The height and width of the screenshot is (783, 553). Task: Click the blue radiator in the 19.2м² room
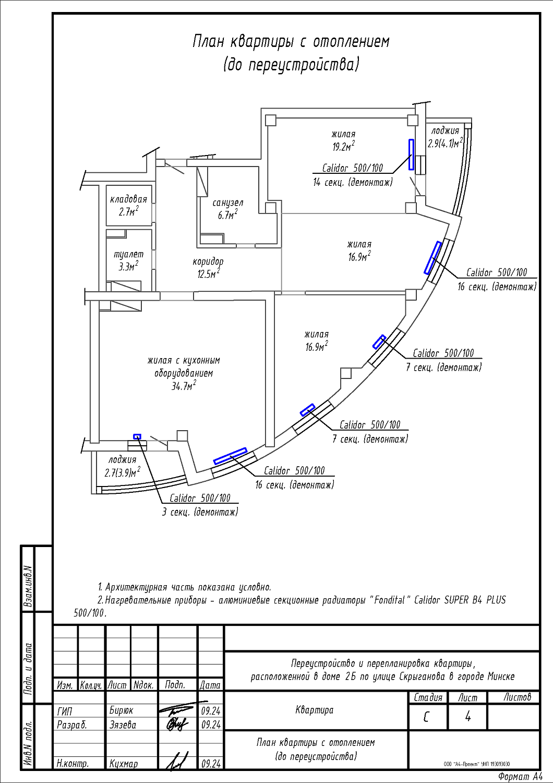(411, 155)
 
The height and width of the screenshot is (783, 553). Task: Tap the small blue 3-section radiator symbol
(137, 436)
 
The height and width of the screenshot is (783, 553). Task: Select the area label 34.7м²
(184, 386)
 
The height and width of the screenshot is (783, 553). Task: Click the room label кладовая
(128, 199)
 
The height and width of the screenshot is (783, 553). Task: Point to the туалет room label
(128, 254)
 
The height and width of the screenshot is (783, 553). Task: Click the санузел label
(227, 203)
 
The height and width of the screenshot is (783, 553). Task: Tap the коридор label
(208, 262)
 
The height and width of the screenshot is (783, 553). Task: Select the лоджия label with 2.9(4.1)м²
(445, 131)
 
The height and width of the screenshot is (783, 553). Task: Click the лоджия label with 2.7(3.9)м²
(122, 460)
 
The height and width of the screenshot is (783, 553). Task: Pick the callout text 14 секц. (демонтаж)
(353, 183)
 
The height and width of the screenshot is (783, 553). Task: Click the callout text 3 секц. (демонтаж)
(200, 512)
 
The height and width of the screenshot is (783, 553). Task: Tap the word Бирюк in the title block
(121, 710)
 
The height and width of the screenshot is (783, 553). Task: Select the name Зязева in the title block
(123, 725)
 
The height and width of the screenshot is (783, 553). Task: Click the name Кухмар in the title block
(124, 764)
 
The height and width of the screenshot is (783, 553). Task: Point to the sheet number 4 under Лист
(467, 717)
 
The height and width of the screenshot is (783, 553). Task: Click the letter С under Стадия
(426, 717)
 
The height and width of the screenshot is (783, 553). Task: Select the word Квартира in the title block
(314, 709)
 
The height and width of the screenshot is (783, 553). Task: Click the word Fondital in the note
(389, 600)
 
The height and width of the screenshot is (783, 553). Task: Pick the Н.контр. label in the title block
(73, 764)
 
